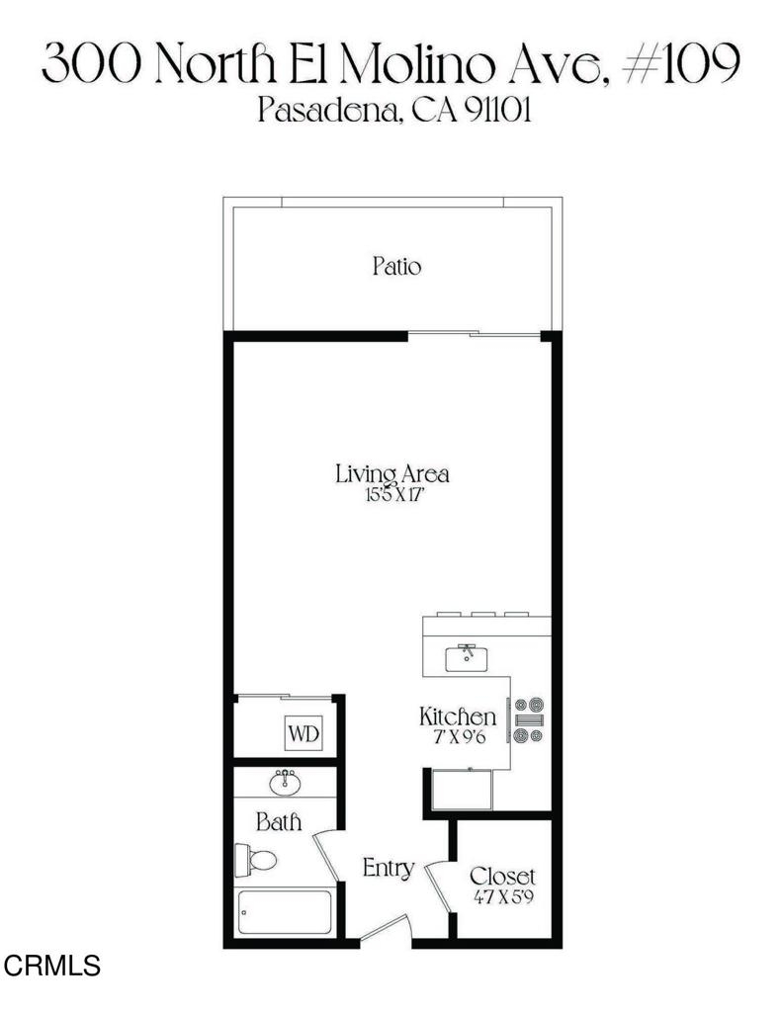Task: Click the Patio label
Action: [x=396, y=266]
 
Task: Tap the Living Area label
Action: [x=391, y=473]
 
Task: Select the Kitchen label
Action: [x=457, y=717]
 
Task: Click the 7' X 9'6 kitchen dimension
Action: [x=459, y=736]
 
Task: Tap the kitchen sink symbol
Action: [x=467, y=657]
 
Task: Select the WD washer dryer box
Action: [x=304, y=734]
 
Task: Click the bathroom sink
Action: [x=285, y=783]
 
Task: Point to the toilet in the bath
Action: [x=256, y=860]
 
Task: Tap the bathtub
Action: [x=284, y=912]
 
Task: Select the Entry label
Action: [x=389, y=869]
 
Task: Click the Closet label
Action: [x=502, y=877]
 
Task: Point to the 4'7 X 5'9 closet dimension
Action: [x=503, y=897]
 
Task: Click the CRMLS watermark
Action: [x=52, y=966]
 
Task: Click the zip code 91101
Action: [x=497, y=111]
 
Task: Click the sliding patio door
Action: [x=475, y=334]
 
